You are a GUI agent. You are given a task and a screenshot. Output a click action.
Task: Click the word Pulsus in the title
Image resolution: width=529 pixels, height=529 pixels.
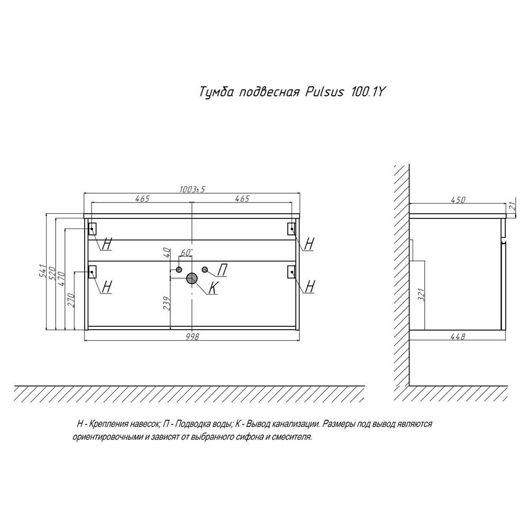[324, 92]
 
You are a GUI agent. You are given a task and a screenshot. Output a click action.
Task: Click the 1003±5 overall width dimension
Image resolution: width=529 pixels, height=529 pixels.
[192, 189]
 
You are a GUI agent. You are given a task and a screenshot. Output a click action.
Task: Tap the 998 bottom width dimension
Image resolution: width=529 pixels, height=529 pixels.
[192, 336]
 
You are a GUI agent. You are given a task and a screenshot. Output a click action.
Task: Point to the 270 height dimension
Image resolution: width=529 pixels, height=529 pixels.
[71, 300]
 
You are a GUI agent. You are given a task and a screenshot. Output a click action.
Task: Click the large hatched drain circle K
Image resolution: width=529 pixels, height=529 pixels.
[192, 278]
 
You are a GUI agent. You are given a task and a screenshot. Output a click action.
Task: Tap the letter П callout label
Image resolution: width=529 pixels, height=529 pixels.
[222, 270]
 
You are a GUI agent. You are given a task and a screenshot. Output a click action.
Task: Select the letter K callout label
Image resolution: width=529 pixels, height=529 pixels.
[213, 287]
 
